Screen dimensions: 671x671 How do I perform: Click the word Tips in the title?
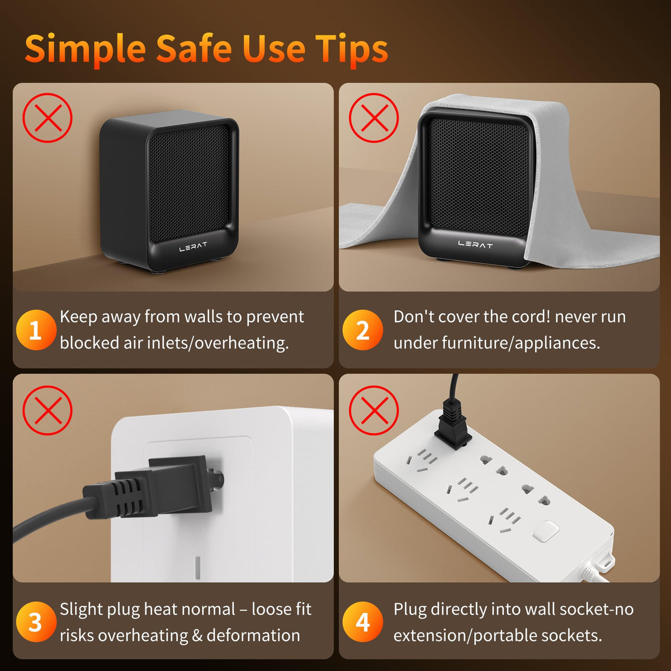point(352,49)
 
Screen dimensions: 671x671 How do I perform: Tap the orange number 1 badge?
point(36,329)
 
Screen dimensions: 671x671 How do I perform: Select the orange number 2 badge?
point(362,329)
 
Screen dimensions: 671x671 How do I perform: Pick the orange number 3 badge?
point(36,622)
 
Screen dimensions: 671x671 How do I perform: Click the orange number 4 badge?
point(362,622)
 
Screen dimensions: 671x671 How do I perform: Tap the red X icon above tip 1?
point(48,117)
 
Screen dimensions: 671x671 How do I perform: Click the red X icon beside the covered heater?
point(374,117)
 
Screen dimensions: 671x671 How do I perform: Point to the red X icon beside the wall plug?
point(48,410)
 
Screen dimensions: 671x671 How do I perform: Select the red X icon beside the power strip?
point(374,410)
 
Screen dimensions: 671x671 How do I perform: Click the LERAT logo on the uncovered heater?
point(193,247)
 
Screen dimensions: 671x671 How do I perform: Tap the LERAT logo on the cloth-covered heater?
point(475,245)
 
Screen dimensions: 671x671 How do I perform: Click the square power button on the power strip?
point(546,531)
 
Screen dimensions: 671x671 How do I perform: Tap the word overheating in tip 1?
point(242,343)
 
